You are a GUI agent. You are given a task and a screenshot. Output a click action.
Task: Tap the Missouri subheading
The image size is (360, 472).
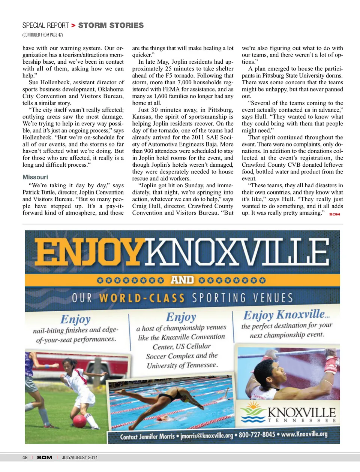coord(35,177)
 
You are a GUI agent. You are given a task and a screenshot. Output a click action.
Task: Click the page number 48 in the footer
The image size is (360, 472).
coord(25,457)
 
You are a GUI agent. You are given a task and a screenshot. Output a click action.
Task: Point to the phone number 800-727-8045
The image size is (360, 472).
coord(257,435)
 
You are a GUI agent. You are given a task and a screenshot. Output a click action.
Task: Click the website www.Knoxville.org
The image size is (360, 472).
coord(304,434)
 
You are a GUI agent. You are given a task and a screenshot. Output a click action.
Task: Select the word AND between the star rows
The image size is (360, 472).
coord(182,280)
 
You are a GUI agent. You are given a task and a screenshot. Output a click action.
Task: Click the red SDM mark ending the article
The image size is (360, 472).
coord(334,214)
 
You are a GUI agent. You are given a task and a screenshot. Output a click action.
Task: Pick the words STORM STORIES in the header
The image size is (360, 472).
coord(111,25)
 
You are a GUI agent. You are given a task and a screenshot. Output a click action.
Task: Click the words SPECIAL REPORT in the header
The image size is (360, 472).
coord(45,25)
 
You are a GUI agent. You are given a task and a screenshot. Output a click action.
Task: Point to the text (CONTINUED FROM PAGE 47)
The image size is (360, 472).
coord(43,35)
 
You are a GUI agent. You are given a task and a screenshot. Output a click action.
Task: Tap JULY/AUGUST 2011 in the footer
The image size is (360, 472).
coord(79,457)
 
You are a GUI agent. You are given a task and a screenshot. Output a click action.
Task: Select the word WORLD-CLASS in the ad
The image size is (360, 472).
coord(142,298)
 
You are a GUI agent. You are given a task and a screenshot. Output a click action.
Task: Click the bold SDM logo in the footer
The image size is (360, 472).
coord(45,457)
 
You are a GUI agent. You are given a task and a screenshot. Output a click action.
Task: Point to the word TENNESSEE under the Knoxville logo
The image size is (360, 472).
coord(301,420)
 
